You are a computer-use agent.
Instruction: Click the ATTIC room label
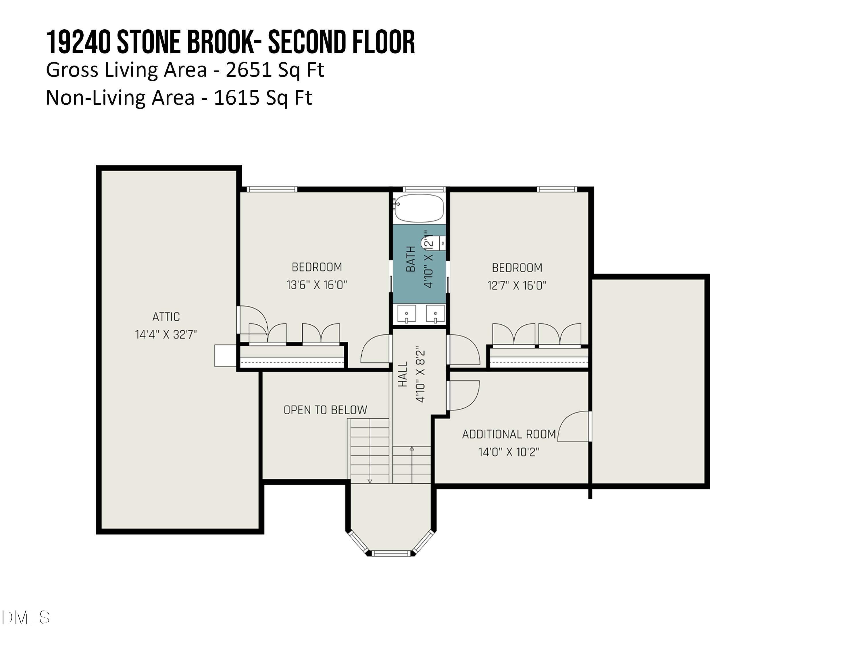click(166, 317)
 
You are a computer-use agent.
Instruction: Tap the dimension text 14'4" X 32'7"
click(166, 335)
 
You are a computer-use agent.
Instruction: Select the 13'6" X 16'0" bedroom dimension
click(316, 285)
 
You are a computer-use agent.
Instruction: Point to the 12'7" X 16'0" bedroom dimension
click(517, 286)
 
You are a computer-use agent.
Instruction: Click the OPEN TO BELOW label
click(325, 410)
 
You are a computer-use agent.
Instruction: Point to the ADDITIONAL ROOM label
click(509, 434)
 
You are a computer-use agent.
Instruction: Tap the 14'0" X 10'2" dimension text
click(509, 452)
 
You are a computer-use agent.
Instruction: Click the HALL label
click(403, 374)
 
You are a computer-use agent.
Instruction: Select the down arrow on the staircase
click(370, 481)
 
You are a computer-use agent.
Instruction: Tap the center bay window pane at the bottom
click(390, 553)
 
